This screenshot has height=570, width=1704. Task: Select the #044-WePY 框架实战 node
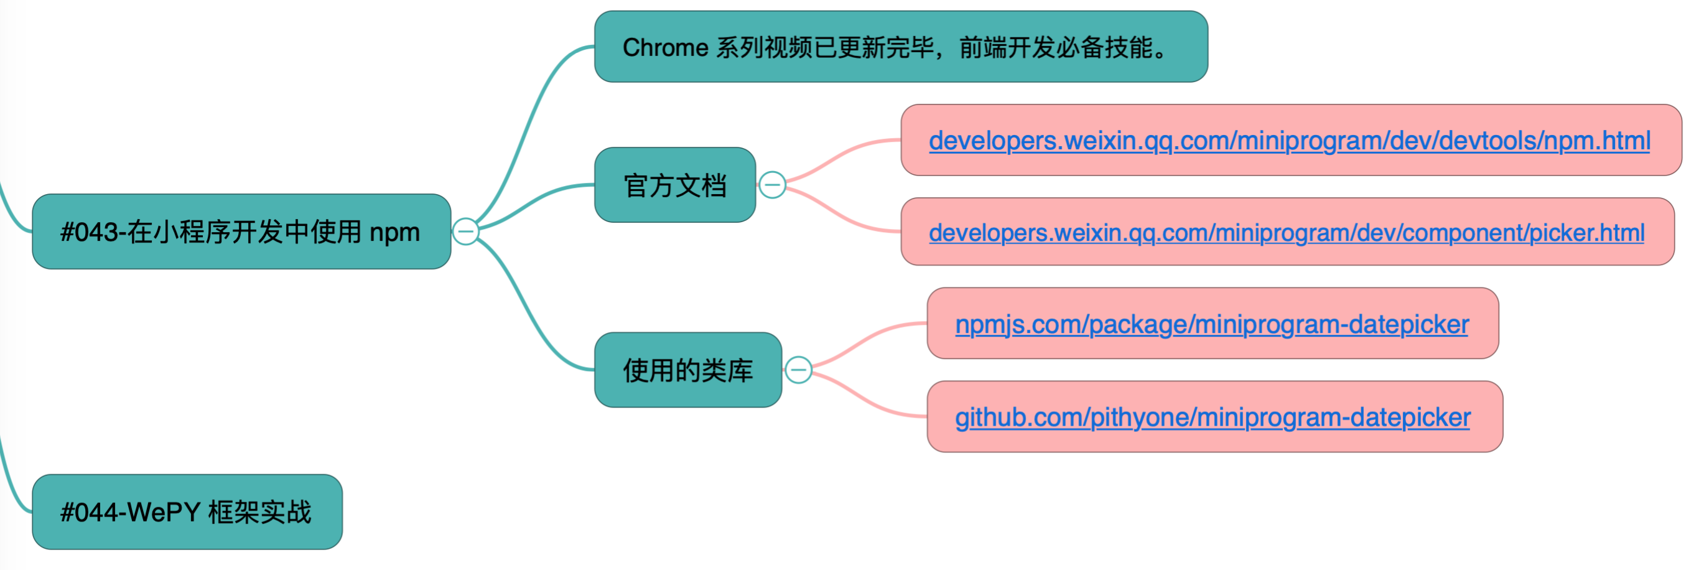click(x=187, y=512)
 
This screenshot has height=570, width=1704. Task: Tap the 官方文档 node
click(x=675, y=185)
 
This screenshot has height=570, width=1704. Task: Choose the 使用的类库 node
click(x=687, y=370)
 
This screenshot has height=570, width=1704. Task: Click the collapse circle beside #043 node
click(x=466, y=231)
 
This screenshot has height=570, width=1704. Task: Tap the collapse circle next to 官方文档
click(x=772, y=185)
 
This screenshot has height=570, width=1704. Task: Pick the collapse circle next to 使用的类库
click(x=798, y=370)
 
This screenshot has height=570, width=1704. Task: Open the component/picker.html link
click(x=1286, y=232)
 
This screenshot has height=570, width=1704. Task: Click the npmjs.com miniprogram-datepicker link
click(x=1211, y=324)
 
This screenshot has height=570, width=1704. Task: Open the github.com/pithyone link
click(x=1212, y=417)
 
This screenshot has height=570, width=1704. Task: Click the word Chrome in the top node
click(x=666, y=48)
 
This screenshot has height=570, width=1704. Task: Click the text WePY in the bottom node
click(x=164, y=512)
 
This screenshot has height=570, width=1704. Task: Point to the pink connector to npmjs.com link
click(x=867, y=338)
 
